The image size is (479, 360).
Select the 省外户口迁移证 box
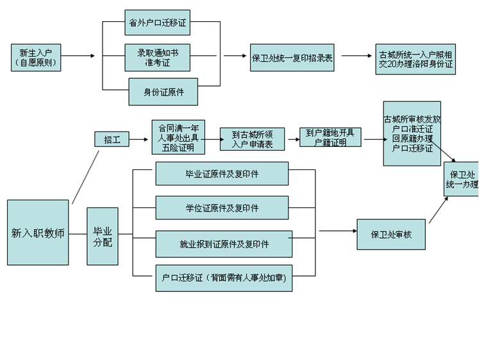coord(157,22)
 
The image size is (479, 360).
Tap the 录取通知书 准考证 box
coord(157,57)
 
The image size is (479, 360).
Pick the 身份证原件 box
coord(163,91)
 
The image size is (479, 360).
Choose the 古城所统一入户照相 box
coord(416,60)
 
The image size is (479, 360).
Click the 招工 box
coord(112,139)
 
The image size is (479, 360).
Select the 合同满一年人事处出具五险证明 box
coord(178,137)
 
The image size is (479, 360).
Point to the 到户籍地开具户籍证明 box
coord(330,137)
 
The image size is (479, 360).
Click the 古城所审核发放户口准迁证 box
coord(412,133)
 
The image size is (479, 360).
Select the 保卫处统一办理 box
coord(461,179)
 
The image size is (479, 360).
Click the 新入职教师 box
coord(38,232)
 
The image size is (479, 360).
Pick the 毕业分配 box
coord(103,236)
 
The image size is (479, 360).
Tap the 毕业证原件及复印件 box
coord(223,173)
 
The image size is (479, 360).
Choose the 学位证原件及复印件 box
coord(223,207)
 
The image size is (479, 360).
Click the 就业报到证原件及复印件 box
coord(224,244)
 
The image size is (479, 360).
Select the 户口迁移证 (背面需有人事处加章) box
coord(224,278)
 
